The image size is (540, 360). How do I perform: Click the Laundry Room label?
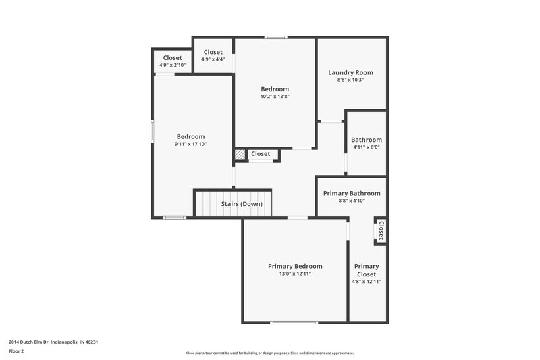[x=350, y=72]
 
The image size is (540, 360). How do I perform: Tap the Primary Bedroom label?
[x=294, y=266]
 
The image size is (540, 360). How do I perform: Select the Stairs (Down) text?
[x=242, y=204]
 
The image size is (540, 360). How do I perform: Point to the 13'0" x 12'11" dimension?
[x=294, y=274]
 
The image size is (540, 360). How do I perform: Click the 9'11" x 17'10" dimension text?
[x=190, y=144]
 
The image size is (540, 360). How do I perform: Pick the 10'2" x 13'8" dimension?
[x=275, y=97]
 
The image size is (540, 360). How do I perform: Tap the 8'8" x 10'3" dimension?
[x=350, y=80]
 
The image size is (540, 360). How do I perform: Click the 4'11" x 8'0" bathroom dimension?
[x=366, y=147]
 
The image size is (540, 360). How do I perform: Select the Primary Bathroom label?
[x=351, y=193]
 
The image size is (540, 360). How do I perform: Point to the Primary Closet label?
[x=367, y=270]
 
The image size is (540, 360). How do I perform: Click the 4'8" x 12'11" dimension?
[x=367, y=282]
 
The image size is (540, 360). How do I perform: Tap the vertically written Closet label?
[x=381, y=231]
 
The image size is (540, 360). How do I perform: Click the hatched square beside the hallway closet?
[x=240, y=155]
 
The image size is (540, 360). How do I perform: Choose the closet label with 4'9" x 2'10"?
[x=172, y=58]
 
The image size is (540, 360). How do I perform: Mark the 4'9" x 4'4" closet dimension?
[x=213, y=59]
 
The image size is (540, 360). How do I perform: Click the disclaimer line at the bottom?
[x=269, y=353]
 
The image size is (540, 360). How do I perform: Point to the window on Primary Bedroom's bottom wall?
[x=294, y=322]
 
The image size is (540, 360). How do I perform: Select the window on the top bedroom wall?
[x=275, y=37]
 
